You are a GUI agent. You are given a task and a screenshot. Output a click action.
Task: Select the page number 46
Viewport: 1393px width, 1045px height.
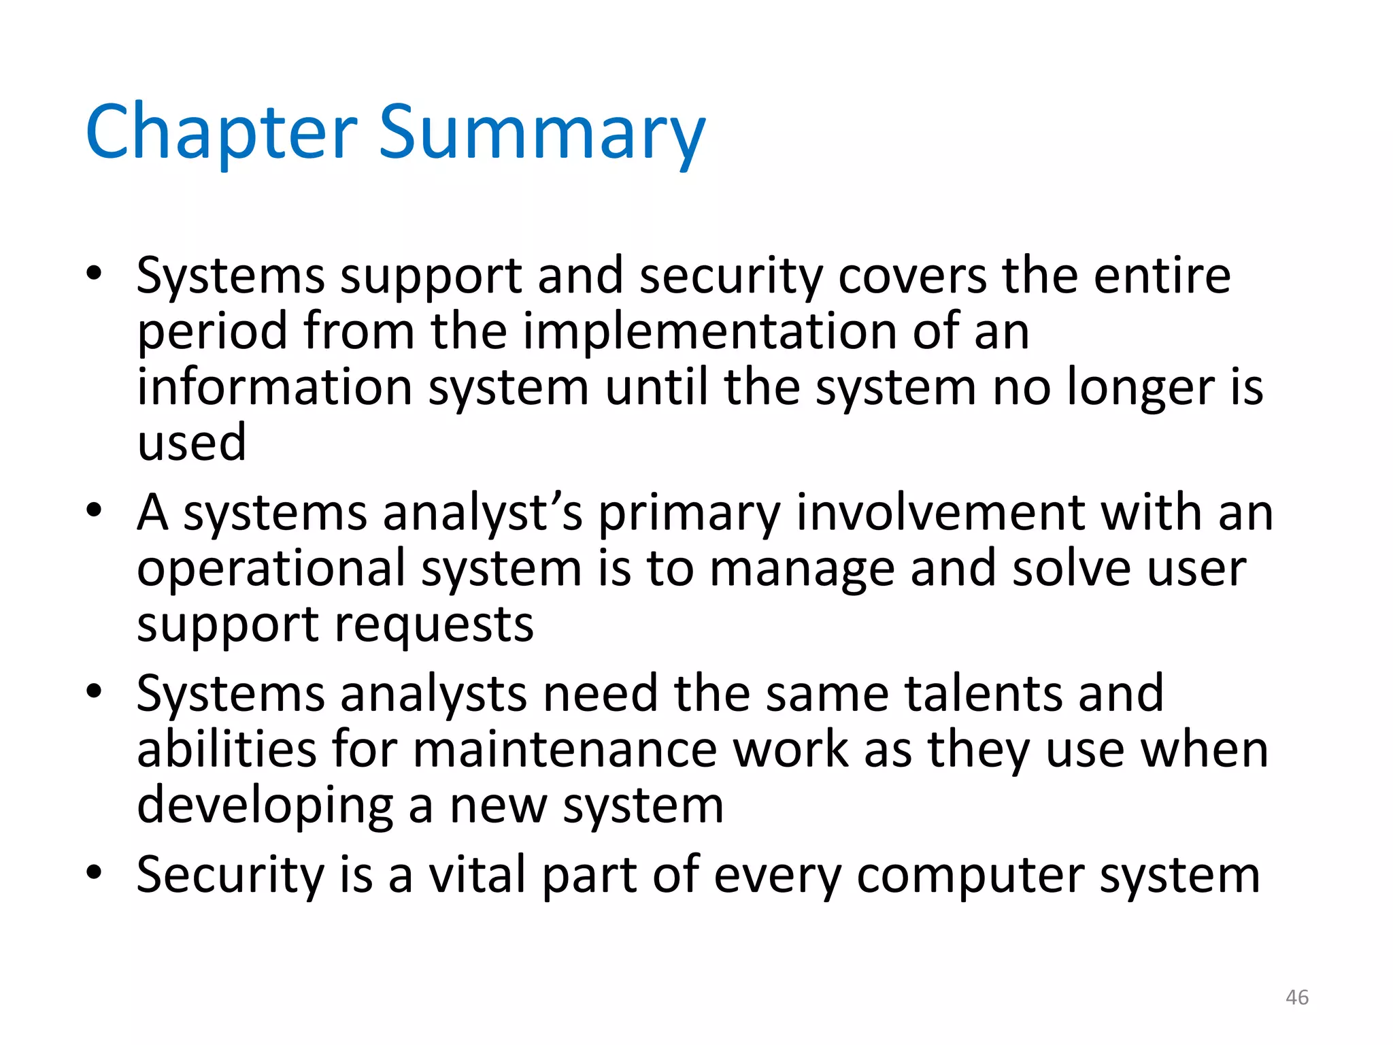pyautogui.click(x=1297, y=997)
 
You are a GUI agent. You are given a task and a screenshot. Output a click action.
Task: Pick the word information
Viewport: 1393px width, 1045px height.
pyautogui.click(x=275, y=387)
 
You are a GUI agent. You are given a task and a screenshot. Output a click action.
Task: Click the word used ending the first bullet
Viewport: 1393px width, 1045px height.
pyautogui.click(x=192, y=443)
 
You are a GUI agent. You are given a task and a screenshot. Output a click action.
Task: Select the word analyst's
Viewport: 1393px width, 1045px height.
pyautogui.click(x=482, y=514)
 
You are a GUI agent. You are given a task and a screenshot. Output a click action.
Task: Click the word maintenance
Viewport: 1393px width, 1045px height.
pyautogui.click(x=565, y=750)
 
